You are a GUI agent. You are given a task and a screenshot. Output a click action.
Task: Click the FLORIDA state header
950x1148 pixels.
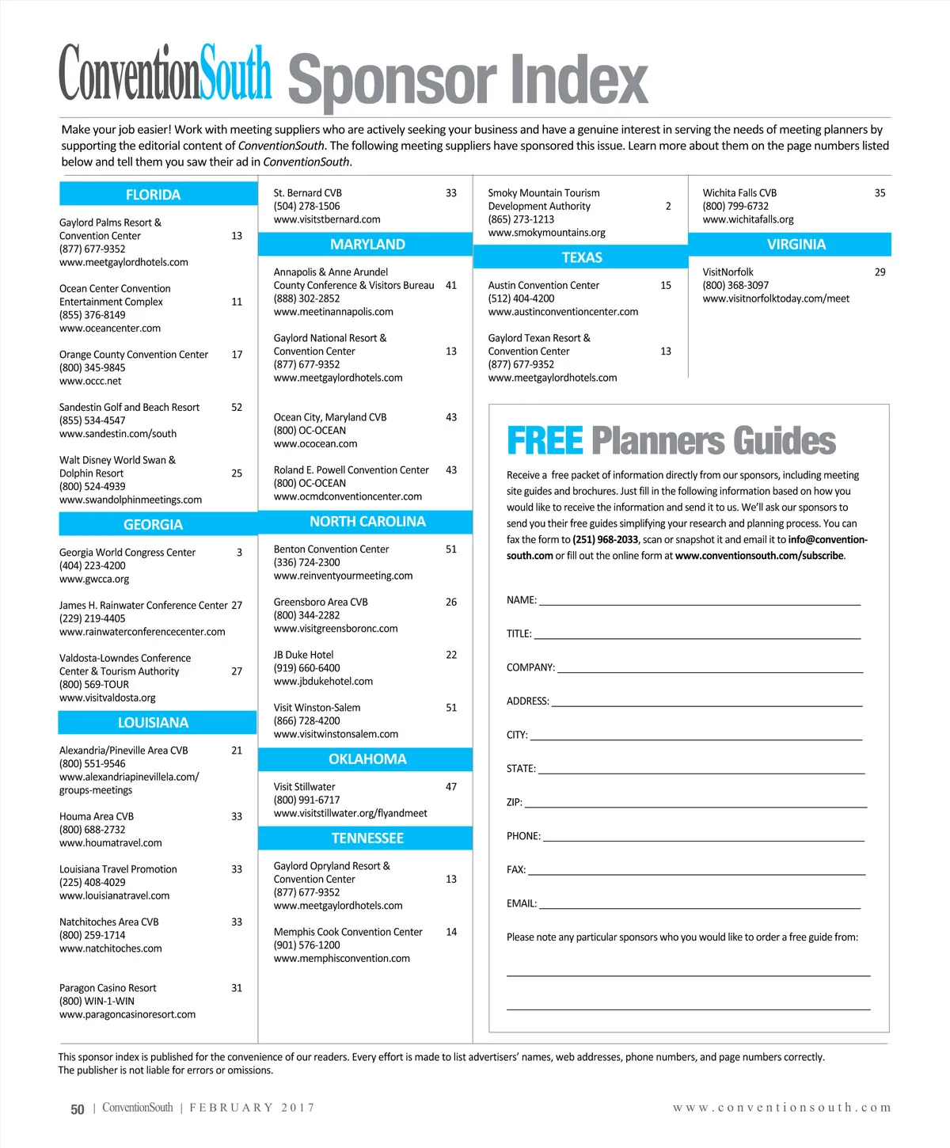pyautogui.click(x=153, y=195)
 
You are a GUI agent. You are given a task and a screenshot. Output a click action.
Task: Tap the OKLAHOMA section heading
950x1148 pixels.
pyautogui.click(x=367, y=759)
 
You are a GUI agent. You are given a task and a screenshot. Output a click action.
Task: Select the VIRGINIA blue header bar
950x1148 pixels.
pyautogui.click(x=796, y=245)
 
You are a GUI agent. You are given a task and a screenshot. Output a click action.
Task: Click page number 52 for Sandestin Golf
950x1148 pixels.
pyautogui.click(x=237, y=408)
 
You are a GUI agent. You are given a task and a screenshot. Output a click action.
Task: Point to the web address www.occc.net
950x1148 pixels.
pyautogui.click(x=90, y=382)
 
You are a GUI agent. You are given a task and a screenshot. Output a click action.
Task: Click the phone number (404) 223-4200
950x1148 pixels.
pyautogui.click(x=92, y=566)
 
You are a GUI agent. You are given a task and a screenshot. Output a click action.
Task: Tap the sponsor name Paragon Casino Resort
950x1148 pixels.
pyautogui.click(x=108, y=988)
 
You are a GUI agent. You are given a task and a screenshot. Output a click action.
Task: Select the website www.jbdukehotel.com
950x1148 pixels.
pyautogui.click(x=323, y=682)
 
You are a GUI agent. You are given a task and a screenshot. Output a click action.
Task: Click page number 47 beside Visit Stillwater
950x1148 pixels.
pyautogui.click(x=451, y=787)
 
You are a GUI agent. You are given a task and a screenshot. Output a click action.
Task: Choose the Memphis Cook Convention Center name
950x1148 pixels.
pyautogui.click(x=348, y=933)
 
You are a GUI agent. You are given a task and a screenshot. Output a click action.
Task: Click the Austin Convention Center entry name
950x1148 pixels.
pyautogui.click(x=544, y=286)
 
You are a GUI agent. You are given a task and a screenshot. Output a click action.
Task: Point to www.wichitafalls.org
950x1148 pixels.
pyautogui.click(x=748, y=220)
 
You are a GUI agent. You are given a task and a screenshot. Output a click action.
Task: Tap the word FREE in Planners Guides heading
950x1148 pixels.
pyautogui.click(x=545, y=441)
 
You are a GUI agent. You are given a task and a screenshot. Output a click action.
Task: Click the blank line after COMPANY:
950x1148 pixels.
pyautogui.click(x=709, y=670)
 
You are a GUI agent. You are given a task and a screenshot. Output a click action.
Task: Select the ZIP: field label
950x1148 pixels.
pyautogui.click(x=515, y=803)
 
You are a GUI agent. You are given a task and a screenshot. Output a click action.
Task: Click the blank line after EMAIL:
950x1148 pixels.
pyautogui.click(x=699, y=906)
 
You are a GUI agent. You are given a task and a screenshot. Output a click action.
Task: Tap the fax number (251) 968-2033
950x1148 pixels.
pyautogui.click(x=605, y=540)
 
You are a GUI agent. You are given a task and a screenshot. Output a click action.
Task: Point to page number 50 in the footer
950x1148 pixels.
pyautogui.click(x=78, y=1109)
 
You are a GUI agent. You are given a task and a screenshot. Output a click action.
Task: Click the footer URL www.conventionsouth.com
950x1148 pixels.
pyautogui.click(x=781, y=1108)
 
